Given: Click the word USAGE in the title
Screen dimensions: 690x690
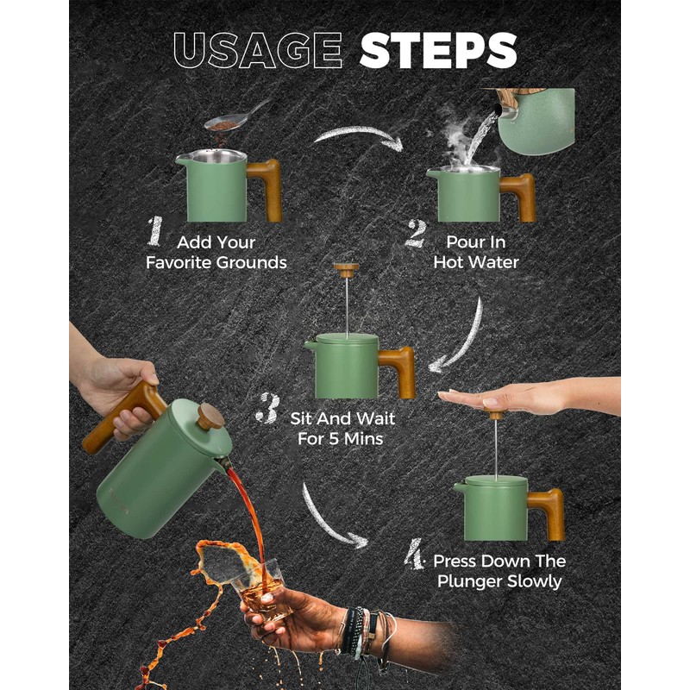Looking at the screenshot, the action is pos(258,50).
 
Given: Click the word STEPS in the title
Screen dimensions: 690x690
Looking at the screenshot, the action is pos(438,50).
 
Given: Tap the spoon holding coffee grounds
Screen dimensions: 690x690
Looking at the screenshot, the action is pos(238,116).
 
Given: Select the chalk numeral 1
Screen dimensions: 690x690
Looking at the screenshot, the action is pos(155,230).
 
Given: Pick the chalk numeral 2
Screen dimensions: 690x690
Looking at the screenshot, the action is pos(416,233).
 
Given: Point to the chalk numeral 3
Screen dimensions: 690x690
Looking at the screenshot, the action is pos(268,408).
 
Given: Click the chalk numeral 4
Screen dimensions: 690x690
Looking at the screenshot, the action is pos(414,554).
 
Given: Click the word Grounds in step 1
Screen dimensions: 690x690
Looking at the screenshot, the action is pos(252,263).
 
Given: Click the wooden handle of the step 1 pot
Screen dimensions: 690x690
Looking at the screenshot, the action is pos(266,188).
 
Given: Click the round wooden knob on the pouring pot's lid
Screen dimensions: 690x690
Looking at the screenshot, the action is pos(210,416).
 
